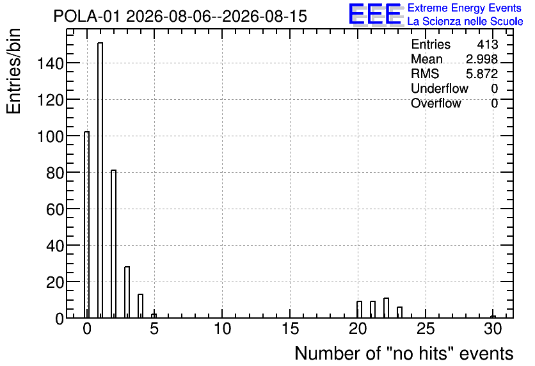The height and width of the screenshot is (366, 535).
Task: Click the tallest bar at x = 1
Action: point(100,180)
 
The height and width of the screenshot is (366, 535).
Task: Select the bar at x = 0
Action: point(86,225)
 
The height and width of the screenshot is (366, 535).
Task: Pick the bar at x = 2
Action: point(114,244)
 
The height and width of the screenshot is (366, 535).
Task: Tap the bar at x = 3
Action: point(127,292)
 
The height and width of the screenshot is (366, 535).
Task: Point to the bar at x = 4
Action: point(140,306)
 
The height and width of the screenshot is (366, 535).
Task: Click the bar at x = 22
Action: point(387,308)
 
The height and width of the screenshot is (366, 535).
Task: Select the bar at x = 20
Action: point(359,310)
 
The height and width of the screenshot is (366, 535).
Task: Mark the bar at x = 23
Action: point(399,312)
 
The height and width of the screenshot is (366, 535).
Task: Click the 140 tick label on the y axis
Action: point(51,63)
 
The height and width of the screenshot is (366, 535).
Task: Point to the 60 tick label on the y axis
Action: point(55,209)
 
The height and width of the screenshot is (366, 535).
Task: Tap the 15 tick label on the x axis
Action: point(291,329)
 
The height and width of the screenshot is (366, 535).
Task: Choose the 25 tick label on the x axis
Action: point(426,329)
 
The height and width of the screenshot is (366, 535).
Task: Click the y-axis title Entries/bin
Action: point(14,71)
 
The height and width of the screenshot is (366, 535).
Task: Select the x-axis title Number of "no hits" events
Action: point(404,353)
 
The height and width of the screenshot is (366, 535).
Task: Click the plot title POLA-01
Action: point(86,17)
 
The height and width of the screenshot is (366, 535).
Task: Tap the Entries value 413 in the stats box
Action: point(488,45)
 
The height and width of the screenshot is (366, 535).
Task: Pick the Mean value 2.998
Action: point(482,60)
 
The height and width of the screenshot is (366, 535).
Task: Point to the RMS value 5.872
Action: point(482,74)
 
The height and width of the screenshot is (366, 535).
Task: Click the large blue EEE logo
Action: point(375,14)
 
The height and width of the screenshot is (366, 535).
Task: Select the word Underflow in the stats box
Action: point(440,89)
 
